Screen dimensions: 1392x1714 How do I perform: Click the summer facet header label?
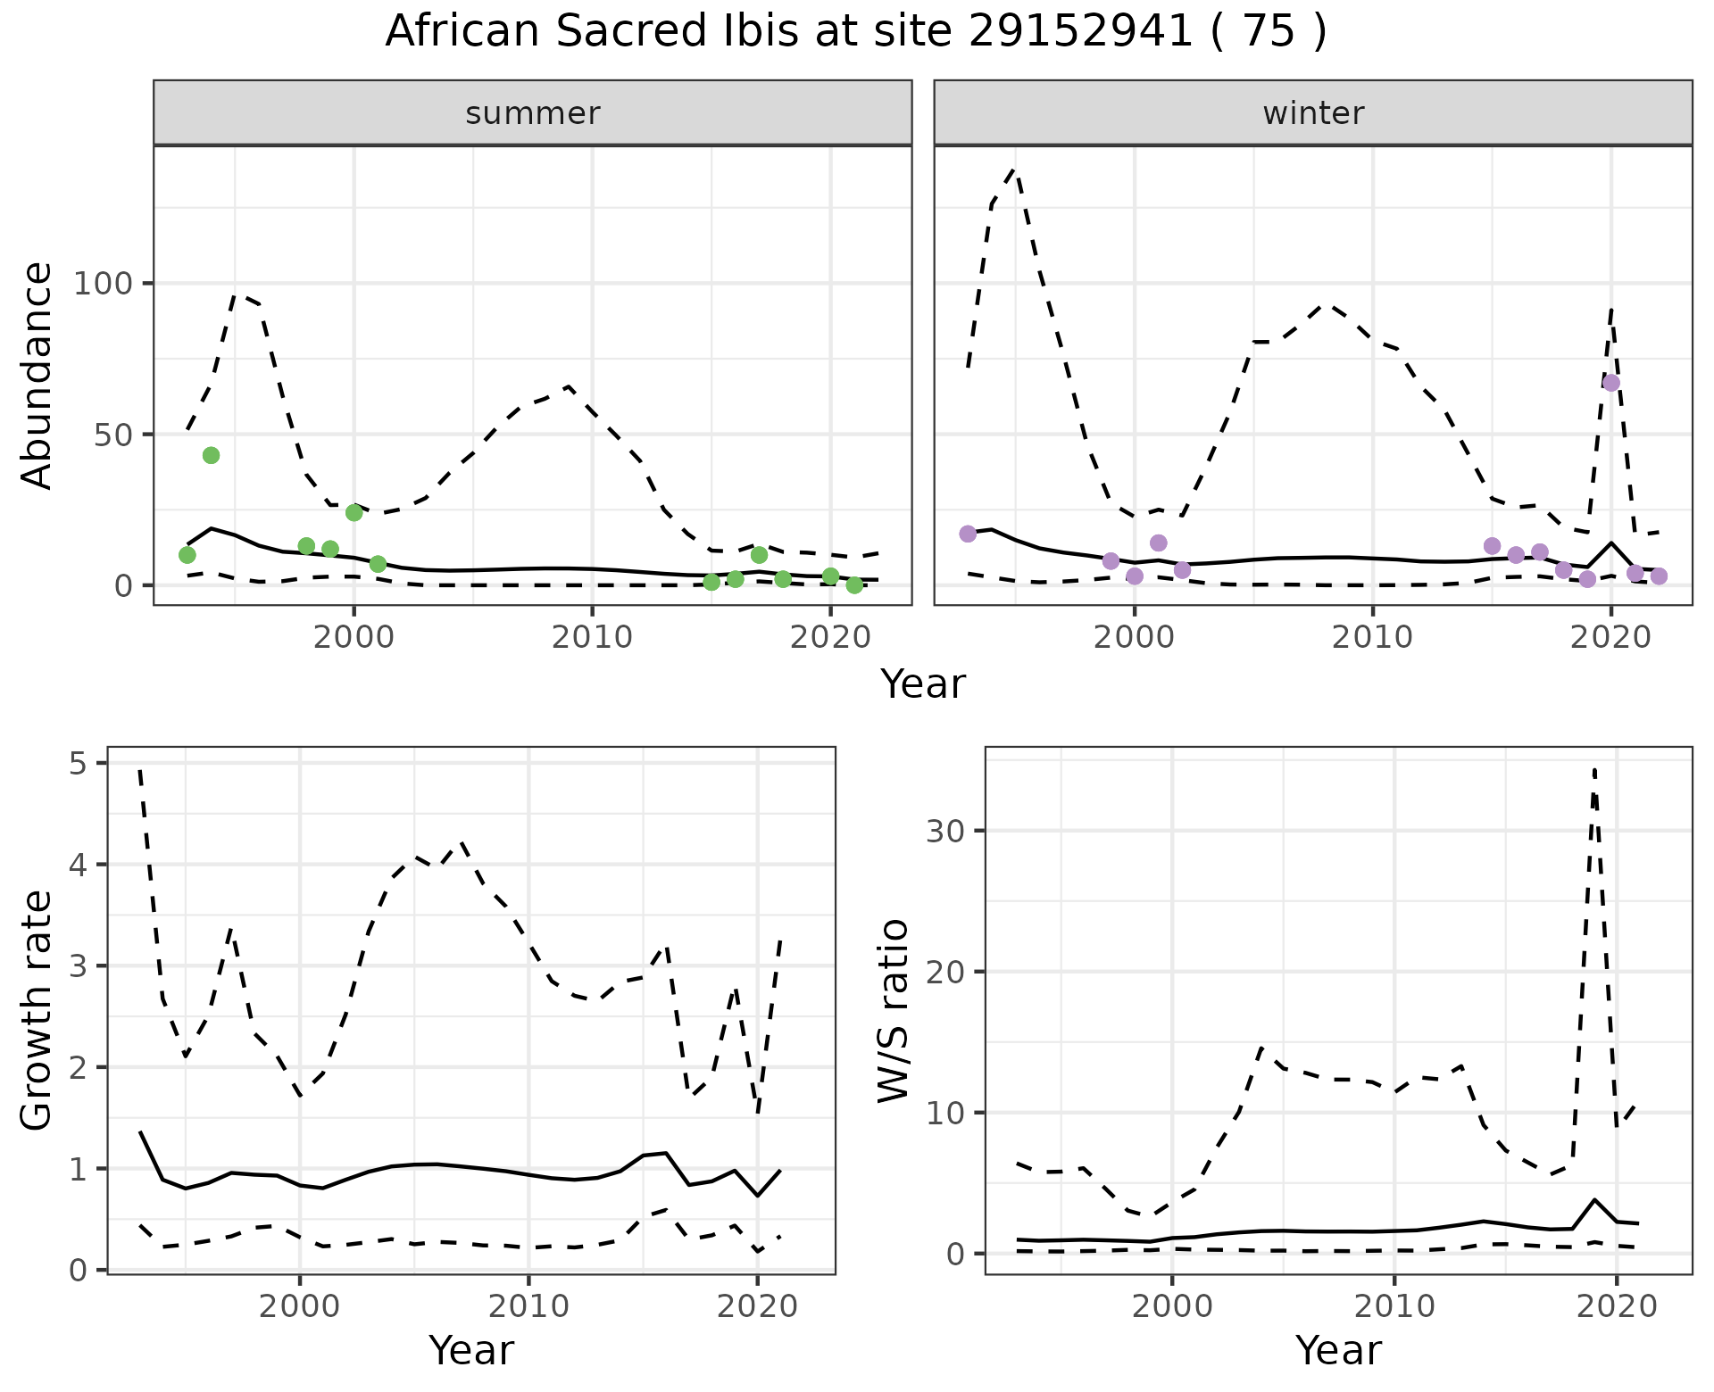coord(533,113)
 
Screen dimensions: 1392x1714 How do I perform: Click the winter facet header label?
coord(1313,113)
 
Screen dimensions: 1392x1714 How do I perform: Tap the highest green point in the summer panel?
coord(211,455)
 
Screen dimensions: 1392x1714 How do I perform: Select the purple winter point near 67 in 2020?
coord(1611,383)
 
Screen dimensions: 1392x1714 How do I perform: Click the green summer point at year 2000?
coord(354,512)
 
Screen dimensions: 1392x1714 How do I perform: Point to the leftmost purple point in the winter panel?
coord(968,534)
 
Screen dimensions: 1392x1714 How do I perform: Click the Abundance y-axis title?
coord(37,376)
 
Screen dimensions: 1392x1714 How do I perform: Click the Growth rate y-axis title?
coord(37,1010)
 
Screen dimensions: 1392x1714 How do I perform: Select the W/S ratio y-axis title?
coord(893,1010)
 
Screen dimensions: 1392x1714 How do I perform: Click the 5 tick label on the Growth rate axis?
coord(78,764)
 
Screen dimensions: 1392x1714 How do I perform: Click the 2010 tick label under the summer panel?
coord(592,637)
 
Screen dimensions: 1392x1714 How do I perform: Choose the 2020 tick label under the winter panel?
coord(1611,637)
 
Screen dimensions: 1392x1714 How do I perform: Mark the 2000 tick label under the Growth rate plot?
coord(300,1306)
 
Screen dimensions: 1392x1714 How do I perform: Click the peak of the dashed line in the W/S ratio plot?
coord(1594,769)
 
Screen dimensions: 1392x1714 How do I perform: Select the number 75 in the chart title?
coord(1269,32)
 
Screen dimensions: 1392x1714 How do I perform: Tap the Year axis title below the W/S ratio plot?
coord(1338,1350)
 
